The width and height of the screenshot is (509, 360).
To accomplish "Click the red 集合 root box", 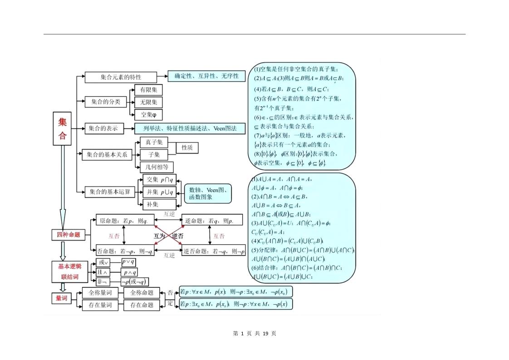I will coord(62,128).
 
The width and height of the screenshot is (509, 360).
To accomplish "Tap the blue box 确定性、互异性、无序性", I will coord(206,76).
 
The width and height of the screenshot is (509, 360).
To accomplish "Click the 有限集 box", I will coord(148,90).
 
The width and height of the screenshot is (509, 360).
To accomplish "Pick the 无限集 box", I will coord(148,102).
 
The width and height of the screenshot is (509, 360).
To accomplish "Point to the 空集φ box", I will coord(148,114).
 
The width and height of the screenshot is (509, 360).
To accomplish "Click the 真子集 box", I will coord(154,142).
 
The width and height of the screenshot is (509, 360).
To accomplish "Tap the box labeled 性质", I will coord(187,148).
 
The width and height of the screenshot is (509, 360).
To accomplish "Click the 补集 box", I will coord(152,204).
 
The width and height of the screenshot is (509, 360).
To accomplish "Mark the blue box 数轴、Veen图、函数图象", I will coord(207,193).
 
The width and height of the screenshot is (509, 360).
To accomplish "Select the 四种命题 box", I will coord(68,235).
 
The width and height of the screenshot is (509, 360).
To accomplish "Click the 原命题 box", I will coord(124,221).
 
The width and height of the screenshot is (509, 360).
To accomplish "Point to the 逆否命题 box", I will coord(213,251).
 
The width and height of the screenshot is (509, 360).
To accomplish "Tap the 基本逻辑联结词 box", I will coord(70,271).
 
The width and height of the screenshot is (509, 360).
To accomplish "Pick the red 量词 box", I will coord(61,298).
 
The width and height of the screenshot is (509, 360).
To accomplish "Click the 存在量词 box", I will coord(97,305).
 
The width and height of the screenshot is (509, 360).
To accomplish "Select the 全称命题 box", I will coord(142,293).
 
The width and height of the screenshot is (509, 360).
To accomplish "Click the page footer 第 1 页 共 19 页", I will coord(254,333).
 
